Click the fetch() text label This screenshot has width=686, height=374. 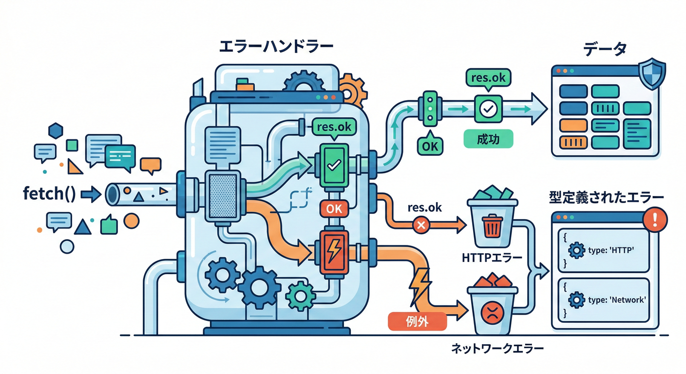tap(49, 194)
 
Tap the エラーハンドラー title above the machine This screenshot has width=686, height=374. tap(276, 48)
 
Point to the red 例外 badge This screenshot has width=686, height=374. tap(417, 321)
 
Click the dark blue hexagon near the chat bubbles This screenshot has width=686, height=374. tap(56, 131)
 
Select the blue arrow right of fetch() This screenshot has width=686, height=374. tap(90, 195)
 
